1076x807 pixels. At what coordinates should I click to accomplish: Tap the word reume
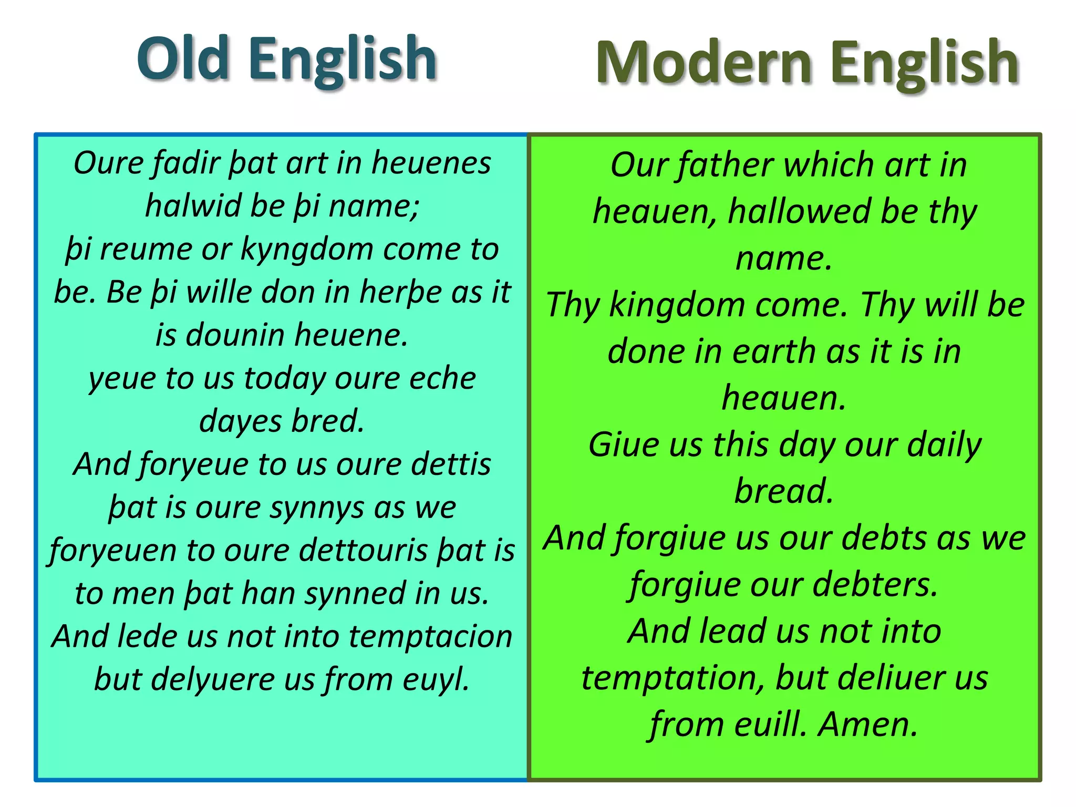coord(146,249)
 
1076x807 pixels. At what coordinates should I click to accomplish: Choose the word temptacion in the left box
coord(430,636)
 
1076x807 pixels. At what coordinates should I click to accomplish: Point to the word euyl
coord(436,679)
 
